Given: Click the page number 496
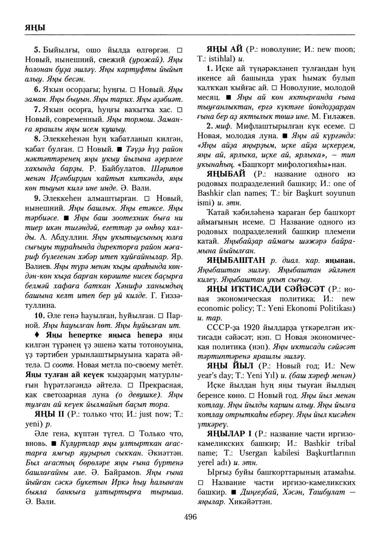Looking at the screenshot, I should coord(190,517).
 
